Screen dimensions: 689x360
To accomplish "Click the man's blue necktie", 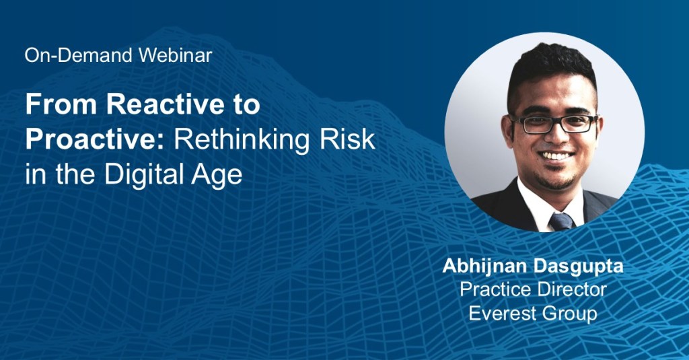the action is coord(562,221).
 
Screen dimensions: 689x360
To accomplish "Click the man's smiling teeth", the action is coord(556,155).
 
